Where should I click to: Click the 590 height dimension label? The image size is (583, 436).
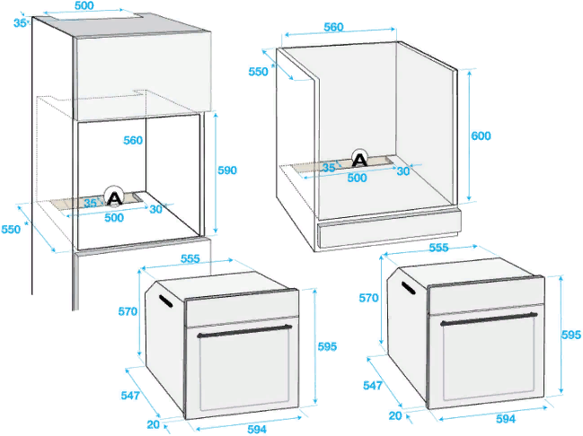tap(227, 170)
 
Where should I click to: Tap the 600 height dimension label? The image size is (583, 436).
tap(481, 136)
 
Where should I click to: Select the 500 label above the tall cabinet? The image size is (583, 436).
tap(84, 5)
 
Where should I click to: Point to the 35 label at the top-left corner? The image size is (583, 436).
tap(20, 23)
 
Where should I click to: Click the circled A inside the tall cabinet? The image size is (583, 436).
tap(114, 196)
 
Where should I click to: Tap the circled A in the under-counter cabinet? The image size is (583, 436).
tap(359, 159)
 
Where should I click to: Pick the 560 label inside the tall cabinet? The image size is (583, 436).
tap(133, 140)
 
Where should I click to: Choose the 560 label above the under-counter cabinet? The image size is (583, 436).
tap(333, 27)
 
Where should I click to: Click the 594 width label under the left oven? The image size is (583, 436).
tap(257, 430)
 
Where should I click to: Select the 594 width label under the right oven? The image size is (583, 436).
tap(506, 419)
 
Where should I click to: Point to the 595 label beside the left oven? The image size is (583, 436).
tap(327, 346)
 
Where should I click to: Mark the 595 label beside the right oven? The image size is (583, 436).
tap(571, 335)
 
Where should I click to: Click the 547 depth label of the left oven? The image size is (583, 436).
tap(130, 396)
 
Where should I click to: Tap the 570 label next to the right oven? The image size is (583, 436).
tap(368, 298)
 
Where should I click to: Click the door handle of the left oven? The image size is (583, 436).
tap(244, 331)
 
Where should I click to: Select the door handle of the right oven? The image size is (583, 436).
tap(489, 319)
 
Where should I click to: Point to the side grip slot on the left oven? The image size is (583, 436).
tap(165, 301)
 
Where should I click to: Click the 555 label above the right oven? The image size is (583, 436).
tap(438, 248)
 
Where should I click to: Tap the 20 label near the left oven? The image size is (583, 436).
tap(154, 424)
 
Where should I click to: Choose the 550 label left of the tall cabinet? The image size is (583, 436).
tap(11, 230)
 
